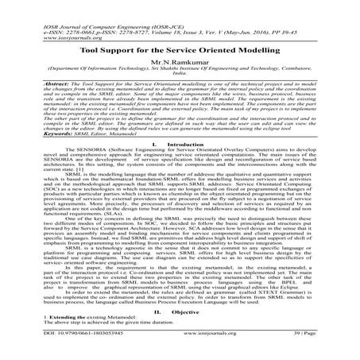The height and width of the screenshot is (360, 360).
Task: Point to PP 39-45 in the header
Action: tap(250, 17)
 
